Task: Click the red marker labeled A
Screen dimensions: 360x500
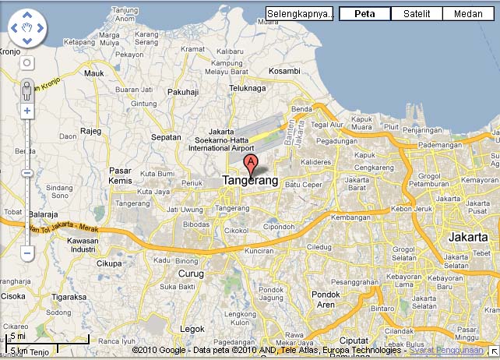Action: coord(251,164)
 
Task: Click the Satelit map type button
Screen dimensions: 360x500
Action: coord(417,13)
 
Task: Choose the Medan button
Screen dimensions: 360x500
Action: coord(467,13)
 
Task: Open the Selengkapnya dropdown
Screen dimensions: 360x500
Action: coord(300,13)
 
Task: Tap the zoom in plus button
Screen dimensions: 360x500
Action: coord(27,111)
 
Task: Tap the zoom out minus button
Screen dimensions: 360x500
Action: coord(27,253)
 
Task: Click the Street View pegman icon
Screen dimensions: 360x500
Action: coord(27,90)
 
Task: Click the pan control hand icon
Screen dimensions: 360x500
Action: coord(27,28)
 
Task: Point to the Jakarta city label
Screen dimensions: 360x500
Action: coord(468,236)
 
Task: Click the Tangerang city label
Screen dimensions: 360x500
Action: coord(250,180)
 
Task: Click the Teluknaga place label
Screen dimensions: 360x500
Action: coord(248,88)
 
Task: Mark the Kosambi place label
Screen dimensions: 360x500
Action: coord(283,71)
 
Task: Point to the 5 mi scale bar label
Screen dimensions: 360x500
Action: coord(17,337)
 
